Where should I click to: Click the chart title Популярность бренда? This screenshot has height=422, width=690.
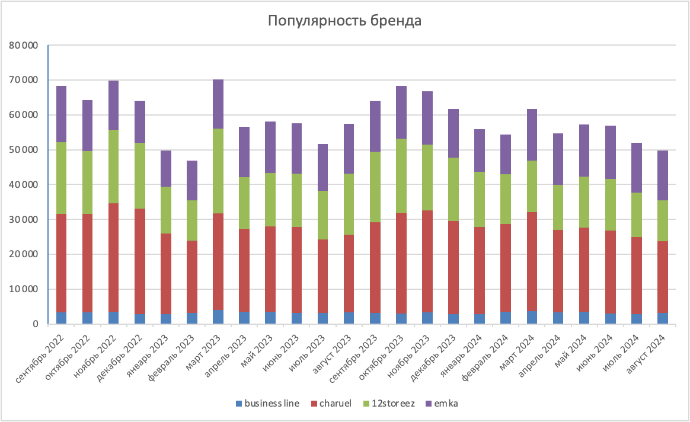coord(344,21)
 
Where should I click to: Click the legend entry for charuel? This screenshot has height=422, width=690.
coord(335,404)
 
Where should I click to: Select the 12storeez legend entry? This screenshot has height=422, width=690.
coord(393,404)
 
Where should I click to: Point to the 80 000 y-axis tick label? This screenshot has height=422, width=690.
coord(25,46)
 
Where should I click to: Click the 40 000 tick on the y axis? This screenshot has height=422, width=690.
coord(25,185)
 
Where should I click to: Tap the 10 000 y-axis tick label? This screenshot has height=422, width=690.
coord(25,289)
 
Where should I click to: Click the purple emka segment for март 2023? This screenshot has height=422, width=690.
coord(218,104)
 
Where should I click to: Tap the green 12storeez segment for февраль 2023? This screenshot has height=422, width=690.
coord(192,220)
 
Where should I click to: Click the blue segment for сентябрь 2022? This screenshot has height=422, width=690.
coord(62,318)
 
